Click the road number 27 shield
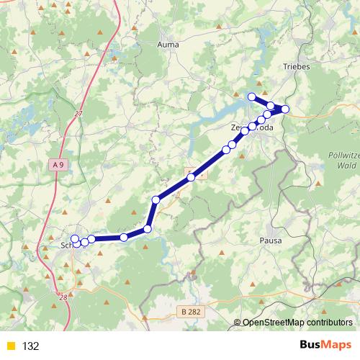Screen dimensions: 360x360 click(78, 113)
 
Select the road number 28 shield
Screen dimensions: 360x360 click(63, 297)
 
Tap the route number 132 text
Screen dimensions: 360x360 click(30, 346)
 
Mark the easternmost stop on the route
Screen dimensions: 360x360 click(285, 109)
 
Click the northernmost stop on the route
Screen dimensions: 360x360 click(251, 97)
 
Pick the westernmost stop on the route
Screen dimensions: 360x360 click(75, 238)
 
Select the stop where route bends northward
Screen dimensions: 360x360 click(148, 229)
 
